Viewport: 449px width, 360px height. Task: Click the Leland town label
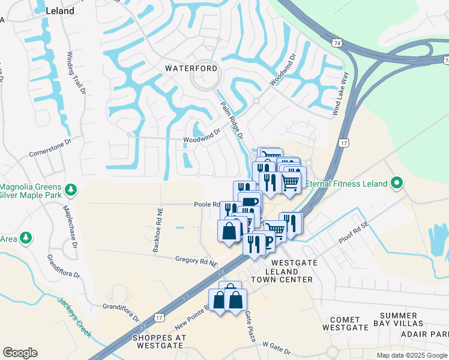[x=60, y=11]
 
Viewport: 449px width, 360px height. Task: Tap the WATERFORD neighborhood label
[x=191, y=68]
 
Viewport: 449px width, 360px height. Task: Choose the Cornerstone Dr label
[x=50, y=148]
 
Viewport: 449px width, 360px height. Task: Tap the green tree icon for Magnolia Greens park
[x=71, y=190]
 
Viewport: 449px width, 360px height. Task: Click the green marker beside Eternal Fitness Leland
[x=396, y=183]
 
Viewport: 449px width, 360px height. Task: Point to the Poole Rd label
[x=205, y=204]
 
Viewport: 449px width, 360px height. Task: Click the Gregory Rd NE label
[x=196, y=260]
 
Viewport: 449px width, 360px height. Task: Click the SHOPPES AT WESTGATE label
[x=158, y=341]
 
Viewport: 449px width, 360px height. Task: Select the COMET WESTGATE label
[x=345, y=324]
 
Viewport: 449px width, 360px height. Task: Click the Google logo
[x=20, y=353]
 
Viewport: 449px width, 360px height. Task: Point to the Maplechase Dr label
[x=71, y=228]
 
